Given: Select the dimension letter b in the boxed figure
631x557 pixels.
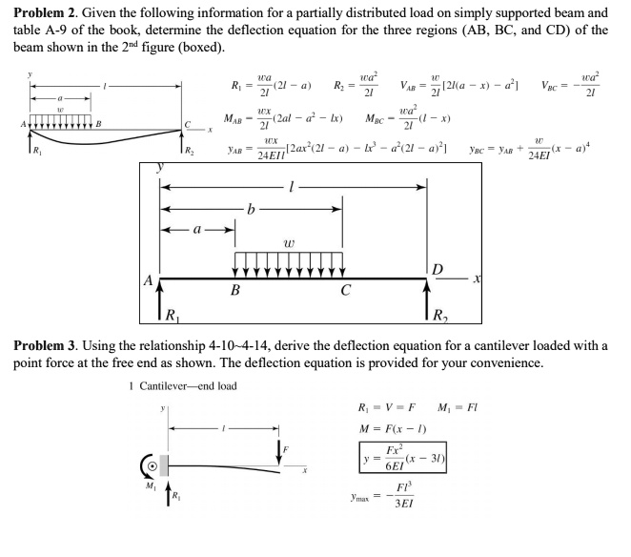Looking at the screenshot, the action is point(250,207).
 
